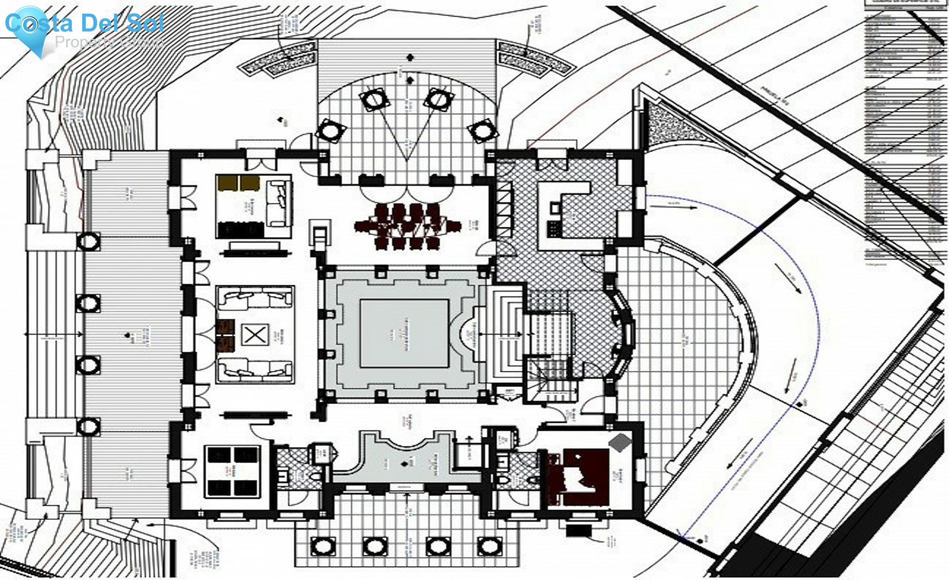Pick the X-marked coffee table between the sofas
coord(255,335)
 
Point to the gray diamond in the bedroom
coord(620,442)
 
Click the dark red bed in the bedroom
coord(578,477)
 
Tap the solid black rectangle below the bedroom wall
coord(578,529)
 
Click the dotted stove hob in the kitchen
coord(554,228)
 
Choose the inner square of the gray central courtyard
coord(404,333)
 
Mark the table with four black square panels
coord(232,471)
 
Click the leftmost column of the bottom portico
coord(323,546)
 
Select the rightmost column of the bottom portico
coord(489,546)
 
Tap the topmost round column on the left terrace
coord(88,242)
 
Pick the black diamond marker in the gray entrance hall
coord(405,465)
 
